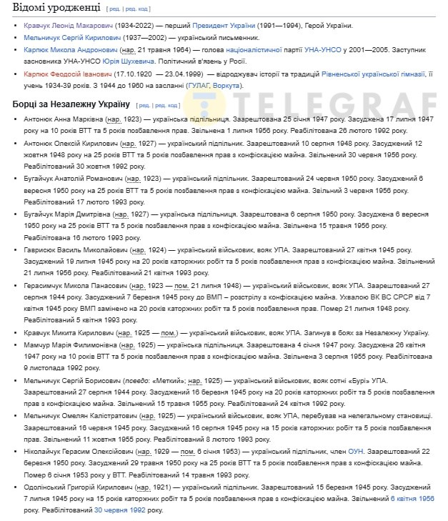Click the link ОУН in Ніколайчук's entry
(355, 451)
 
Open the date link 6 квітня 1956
(412, 498)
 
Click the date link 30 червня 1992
(121, 510)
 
